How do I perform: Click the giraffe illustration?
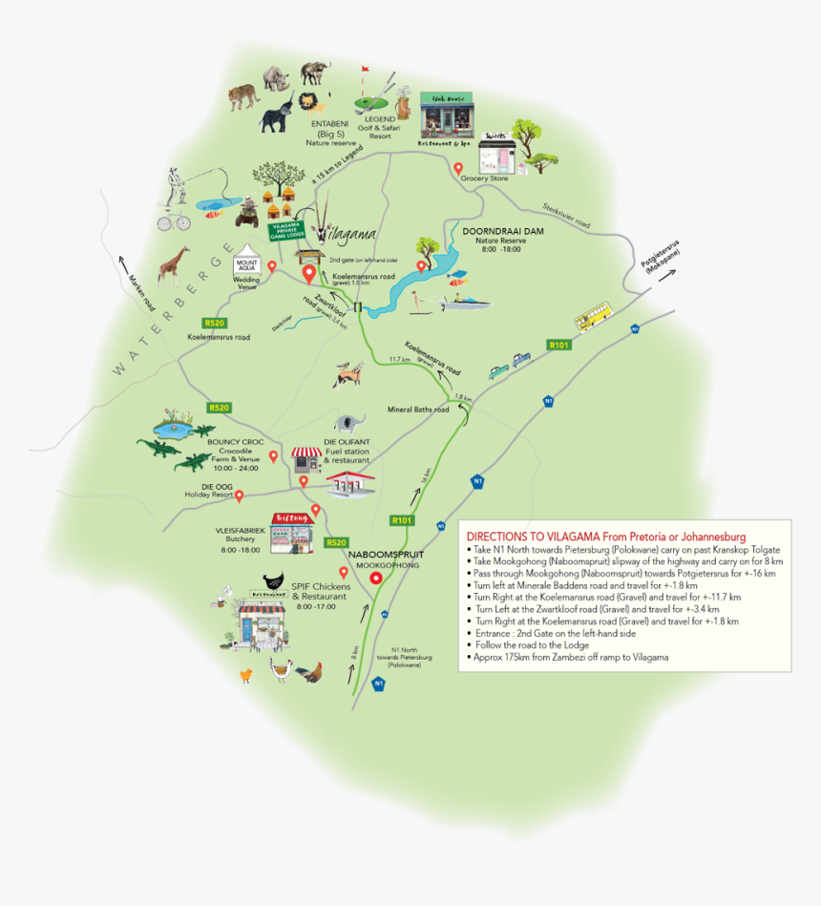pos(172,266)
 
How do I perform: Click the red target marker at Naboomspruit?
pos(376,578)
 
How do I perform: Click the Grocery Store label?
pos(485,178)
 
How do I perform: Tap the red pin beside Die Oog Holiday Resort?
pos(240,495)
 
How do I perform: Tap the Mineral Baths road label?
pos(417,410)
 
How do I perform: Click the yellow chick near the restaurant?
pos(246,675)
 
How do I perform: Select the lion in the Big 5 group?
pos(308,101)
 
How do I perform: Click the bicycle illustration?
pos(174,221)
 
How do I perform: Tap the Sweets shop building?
pos(496,153)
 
